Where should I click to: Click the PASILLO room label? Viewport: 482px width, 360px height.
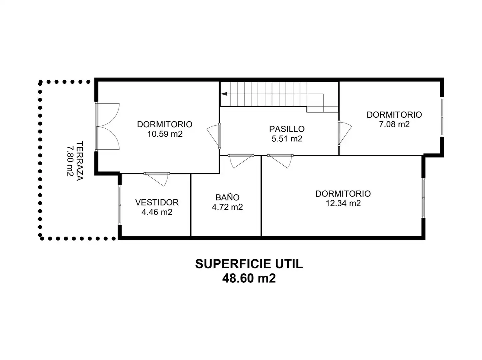point(286,129)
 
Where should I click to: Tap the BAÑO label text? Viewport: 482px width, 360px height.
point(227,197)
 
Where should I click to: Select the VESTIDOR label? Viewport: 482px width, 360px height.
point(157,202)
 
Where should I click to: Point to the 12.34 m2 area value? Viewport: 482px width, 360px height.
point(343,203)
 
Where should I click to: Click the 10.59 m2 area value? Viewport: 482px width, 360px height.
point(165,134)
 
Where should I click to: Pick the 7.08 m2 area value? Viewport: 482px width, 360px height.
point(394,124)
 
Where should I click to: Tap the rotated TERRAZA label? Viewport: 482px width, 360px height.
point(80,161)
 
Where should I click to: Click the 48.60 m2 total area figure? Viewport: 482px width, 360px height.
point(249,279)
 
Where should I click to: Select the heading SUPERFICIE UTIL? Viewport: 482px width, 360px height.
point(249,264)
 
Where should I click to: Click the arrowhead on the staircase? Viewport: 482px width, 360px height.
point(224,94)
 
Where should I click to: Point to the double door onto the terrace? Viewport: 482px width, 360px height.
point(107,127)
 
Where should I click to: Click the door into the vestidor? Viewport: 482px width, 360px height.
point(157,179)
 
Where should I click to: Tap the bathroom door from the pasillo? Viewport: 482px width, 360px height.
point(241,161)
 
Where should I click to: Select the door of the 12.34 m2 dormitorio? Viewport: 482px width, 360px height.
point(280,161)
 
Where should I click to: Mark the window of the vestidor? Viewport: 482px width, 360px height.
point(120,205)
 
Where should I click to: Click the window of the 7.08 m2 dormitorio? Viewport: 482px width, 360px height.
point(442,117)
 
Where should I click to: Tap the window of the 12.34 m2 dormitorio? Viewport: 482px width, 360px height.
point(423,198)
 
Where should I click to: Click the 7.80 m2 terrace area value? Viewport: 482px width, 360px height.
point(70,161)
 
